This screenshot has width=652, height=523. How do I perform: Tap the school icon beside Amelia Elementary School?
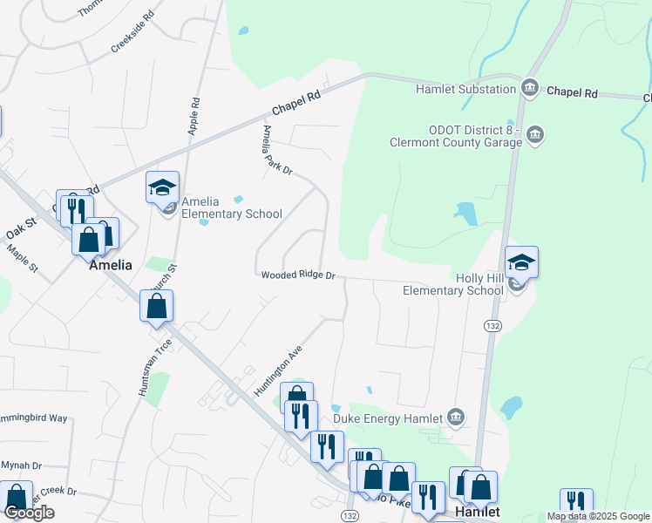click(x=162, y=189)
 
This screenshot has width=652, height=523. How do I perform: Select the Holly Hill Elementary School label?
click(x=452, y=284)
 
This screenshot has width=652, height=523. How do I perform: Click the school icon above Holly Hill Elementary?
click(x=521, y=263)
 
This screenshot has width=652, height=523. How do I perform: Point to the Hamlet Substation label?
click(x=465, y=89)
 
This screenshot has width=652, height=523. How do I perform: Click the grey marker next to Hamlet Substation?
click(x=530, y=88)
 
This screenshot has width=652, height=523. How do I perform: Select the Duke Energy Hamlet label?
click(x=395, y=418)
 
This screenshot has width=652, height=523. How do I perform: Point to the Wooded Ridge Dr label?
click(x=298, y=275)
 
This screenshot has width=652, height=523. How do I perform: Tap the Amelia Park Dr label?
click(x=277, y=149)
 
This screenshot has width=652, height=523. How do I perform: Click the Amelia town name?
click(x=111, y=265)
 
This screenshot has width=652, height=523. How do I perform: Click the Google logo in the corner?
click(x=29, y=513)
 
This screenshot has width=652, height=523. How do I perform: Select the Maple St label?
click(x=23, y=257)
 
